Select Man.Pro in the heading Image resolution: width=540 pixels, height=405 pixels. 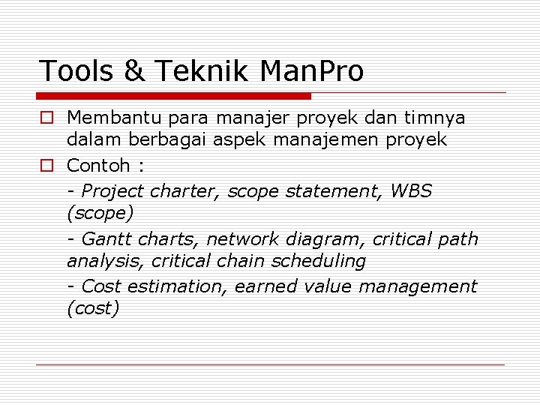tap(311, 71)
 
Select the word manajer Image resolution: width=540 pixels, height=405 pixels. tap(248, 118)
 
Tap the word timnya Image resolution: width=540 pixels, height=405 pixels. tap(435, 118)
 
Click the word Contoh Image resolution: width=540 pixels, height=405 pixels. tap(94, 165)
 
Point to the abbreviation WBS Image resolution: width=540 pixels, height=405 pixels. tap(411, 190)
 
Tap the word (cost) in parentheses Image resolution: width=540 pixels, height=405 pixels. tap(93, 309)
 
